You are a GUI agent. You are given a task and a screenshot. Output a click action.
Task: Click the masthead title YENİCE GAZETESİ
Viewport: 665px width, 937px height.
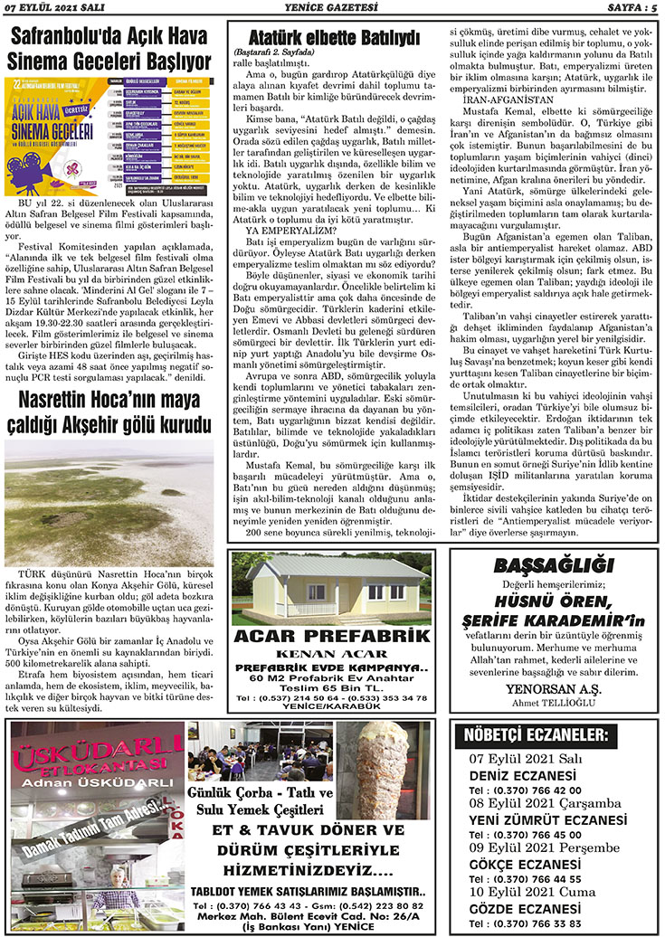click(331, 8)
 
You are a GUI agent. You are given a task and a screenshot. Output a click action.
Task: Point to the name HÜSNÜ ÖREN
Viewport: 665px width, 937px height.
click(553, 601)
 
